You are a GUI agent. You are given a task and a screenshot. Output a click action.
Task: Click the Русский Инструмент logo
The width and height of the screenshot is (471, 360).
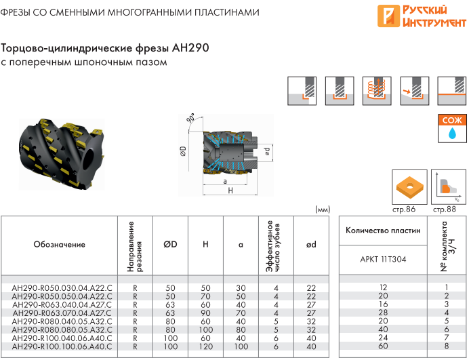tap(422, 16)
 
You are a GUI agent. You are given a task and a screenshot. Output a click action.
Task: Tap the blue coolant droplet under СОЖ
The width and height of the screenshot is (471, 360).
tap(452, 133)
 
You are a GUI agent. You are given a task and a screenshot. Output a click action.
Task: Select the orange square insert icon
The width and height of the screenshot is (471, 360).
tap(409, 187)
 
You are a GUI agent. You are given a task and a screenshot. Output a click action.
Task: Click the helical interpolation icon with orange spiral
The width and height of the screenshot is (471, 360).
tap(377, 91)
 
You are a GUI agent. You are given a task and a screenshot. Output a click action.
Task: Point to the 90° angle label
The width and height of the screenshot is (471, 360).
tap(190, 118)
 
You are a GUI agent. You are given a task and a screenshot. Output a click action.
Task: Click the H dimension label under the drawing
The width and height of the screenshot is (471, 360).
tap(230, 191)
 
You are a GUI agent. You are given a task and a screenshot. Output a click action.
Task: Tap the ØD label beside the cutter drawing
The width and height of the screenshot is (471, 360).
tap(183, 151)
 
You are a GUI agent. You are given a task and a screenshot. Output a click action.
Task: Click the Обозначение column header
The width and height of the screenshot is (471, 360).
tap(59, 244)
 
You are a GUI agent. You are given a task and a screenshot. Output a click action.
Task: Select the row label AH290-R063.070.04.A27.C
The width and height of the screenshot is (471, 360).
tap(62, 313)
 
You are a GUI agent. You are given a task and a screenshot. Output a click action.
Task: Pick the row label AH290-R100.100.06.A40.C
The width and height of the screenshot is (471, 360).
tap(62, 346)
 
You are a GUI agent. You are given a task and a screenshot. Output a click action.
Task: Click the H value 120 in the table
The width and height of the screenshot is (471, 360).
tap(206, 346)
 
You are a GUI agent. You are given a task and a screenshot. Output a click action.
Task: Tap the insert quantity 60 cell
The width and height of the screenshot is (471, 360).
tap(383, 346)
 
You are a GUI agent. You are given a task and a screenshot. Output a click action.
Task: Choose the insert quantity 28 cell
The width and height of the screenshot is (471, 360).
tap(383, 313)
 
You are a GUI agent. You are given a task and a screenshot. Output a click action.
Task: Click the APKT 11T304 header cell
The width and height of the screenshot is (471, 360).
tap(383, 259)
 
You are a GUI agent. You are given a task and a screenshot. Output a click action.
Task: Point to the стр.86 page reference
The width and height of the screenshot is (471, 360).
tap(404, 209)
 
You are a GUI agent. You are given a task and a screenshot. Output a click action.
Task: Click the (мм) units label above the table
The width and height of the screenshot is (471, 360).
tap(323, 209)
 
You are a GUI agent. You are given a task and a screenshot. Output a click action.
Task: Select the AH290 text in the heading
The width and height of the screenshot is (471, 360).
tap(190, 47)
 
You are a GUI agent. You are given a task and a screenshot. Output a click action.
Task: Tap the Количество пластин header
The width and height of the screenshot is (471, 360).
tap(383, 231)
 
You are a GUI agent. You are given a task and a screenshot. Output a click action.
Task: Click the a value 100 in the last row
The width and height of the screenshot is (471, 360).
tap(241, 346)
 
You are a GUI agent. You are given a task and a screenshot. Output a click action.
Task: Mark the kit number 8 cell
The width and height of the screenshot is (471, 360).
tap(447, 346)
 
